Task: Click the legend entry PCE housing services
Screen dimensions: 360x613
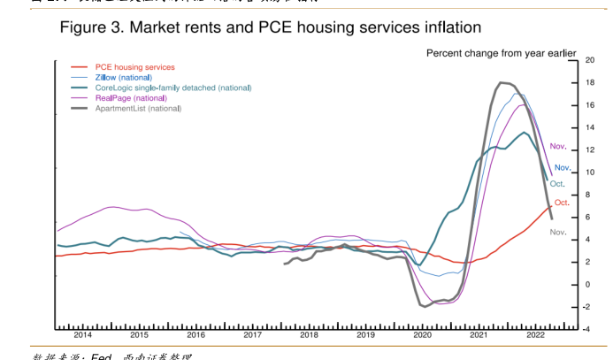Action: click(134, 67)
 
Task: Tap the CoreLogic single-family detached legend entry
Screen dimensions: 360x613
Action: click(172, 88)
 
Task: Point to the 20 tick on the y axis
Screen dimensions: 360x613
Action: click(589, 60)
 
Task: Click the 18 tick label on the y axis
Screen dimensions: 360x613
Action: click(589, 83)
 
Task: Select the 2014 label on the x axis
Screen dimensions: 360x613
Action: click(83, 335)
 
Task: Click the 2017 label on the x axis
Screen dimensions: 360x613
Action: click(253, 335)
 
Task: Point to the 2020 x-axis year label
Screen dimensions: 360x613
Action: click(422, 335)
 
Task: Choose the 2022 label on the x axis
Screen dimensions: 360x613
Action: click(535, 335)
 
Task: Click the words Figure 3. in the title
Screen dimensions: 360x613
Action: click(91, 28)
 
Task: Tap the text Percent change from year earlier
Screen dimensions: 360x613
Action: click(502, 53)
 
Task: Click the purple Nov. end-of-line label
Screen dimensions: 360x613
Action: click(558, 146)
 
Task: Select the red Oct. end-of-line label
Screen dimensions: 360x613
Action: click(562, 203)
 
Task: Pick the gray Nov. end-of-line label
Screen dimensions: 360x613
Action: click(558, 232)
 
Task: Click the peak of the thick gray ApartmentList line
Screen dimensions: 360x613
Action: click(502, 82)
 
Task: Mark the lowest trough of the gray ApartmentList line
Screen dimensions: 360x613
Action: click(425, 307)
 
